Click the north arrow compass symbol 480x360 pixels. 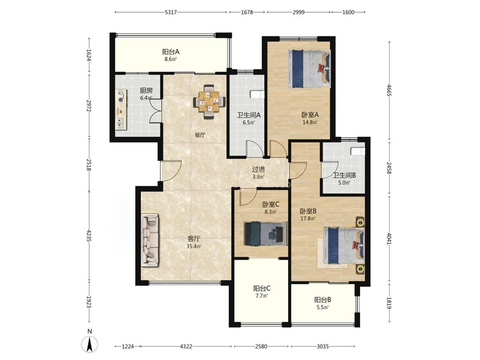click(90, 344)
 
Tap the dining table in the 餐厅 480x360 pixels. click(209, 102)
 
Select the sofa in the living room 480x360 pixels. click(150, 240)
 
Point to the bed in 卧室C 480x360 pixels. click(266, 234)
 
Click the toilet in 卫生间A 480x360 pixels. click(256, 94)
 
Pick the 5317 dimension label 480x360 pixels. click(171, 12)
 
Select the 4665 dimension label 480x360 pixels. click(389, 90)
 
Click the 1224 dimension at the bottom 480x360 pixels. click(128, 346)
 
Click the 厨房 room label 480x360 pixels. click(146, 90)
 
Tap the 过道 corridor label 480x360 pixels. click(259, 169)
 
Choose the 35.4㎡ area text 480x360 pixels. click(194, 246)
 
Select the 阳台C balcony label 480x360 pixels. click(262, 288)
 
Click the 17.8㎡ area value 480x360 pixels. click(308, 218)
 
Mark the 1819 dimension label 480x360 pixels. click(389, 303)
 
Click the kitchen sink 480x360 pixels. click(121, 123)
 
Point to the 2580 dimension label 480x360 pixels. click(261, 346)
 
